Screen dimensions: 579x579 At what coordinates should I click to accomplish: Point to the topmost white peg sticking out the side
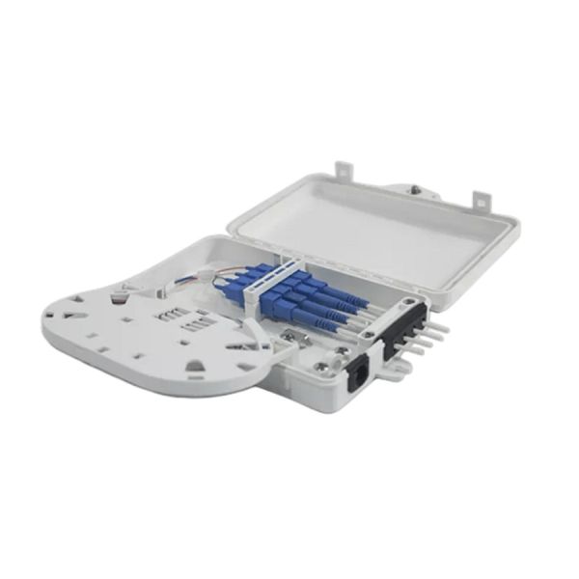click(x=439, y=325)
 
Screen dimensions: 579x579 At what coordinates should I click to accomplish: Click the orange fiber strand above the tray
click(x=190, y=277)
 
